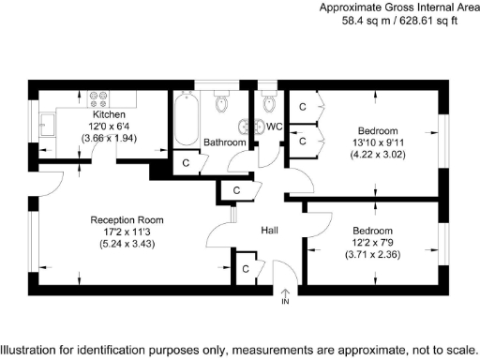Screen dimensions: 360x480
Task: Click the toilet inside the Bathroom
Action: pyautogui.click(x=221, y=102)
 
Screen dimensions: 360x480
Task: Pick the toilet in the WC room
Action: pyautogui.click(x=270, y=102)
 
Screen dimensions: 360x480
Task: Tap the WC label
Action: pyautogui.click(x=275, y=127)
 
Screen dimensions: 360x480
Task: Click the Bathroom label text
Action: pyautogui.click(x=225, y=142)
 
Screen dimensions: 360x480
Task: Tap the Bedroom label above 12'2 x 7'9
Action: pyautogui.click(x=373, y=230)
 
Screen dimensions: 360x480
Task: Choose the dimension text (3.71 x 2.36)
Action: pyautogui.click(x=373, y=254)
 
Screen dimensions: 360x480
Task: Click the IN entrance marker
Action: pyautogui.click(x=285, y=302)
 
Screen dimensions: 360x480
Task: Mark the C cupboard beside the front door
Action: pyautogui.click(x=246, y=269)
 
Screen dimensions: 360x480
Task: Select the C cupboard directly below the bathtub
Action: pyautogui.click(x=187, y=162)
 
